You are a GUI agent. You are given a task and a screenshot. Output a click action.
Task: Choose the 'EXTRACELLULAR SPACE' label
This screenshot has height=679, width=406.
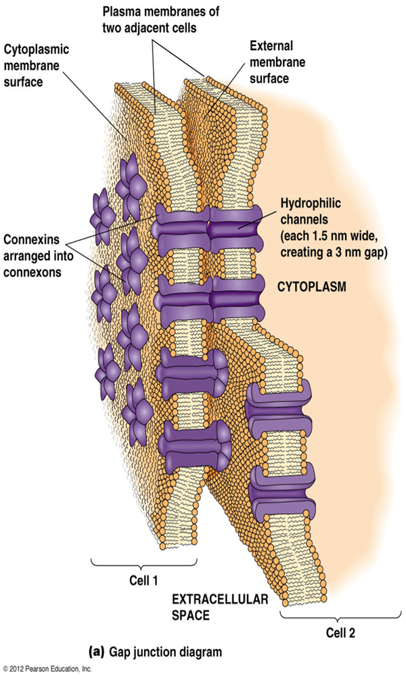[210, 607]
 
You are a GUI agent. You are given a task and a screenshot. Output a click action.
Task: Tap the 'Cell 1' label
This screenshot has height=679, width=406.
[144, 581]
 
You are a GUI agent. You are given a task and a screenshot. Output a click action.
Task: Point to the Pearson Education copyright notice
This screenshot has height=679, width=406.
[47, 670]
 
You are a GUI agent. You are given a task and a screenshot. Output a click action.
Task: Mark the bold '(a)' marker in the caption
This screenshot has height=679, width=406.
[97, 653]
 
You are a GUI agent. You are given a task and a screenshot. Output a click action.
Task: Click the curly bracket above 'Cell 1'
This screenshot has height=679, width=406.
[144, 563]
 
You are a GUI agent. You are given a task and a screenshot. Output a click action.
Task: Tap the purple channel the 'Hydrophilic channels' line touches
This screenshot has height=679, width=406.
[237, 228]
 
